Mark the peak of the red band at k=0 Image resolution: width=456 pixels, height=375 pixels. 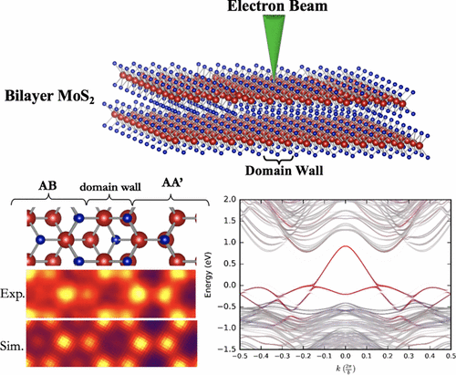[x=345, y=245]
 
